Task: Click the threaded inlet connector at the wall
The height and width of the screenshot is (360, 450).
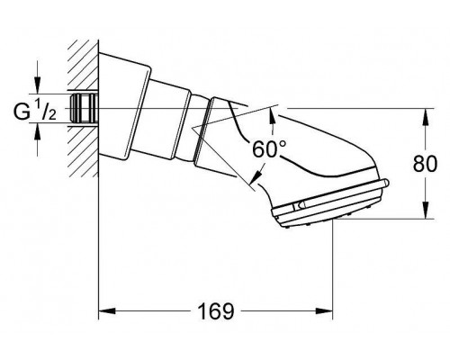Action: pyautogui.click(x=85, y=108)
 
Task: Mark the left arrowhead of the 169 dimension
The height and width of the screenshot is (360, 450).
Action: pyautogui.click(x=103, y=311)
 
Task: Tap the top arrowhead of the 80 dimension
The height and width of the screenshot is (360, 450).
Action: pyautogui.click(x=423, y=113)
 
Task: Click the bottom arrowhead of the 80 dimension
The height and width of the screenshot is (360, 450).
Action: pyautogui.click(x=423, y=215)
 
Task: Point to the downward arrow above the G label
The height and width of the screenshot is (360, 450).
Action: pyautogui.click(x=37, y=85)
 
